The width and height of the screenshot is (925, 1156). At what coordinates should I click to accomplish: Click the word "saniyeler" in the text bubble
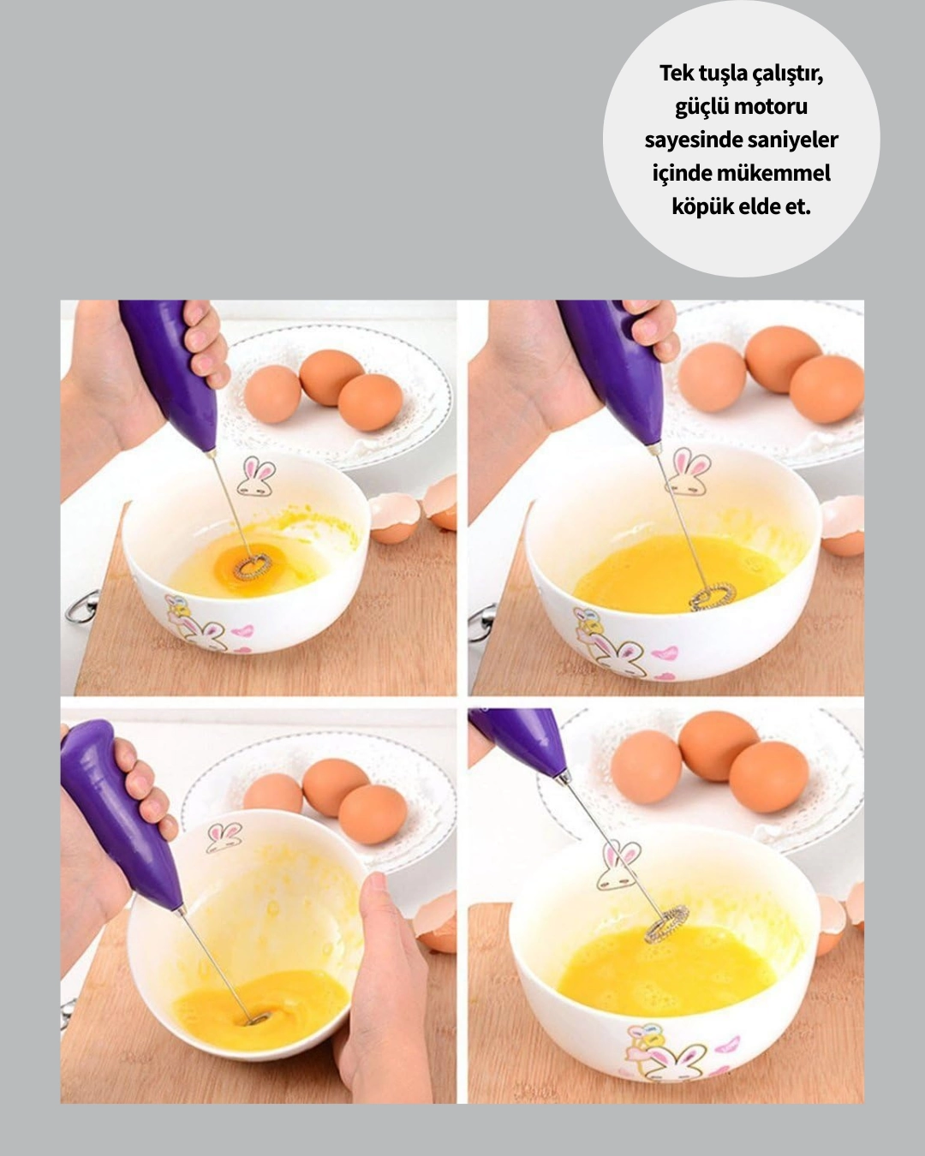[x=796, y=140]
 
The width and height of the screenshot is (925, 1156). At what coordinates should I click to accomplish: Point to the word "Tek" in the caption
[x=676, y=74]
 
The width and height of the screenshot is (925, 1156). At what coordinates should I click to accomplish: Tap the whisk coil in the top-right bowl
[x=713, y=596]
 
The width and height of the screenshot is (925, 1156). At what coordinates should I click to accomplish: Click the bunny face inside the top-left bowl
[x=255, y=477]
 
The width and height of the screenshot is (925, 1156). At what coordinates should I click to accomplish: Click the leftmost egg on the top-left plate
[x=272, y=394]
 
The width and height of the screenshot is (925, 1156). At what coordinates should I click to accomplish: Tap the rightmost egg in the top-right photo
[x=827, y=389]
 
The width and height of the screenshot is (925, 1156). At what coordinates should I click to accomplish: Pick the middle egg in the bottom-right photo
[x=718, y=746]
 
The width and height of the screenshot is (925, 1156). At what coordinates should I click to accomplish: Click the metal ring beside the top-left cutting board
[x=82, y=607]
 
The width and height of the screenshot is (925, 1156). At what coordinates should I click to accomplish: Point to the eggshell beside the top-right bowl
[x=843, y=524]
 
